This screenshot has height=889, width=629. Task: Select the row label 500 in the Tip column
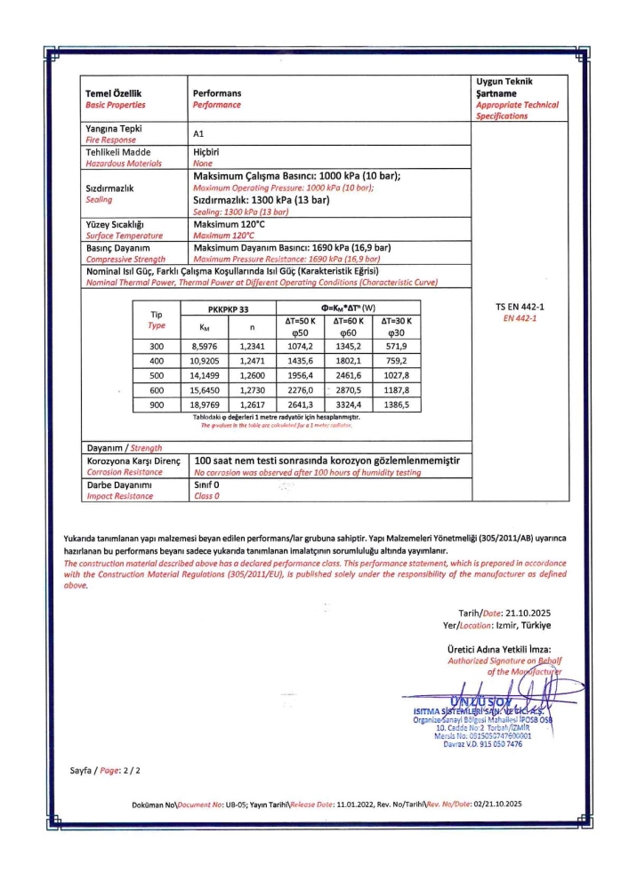coord(157,376)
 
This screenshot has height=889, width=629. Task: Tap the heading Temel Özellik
coord(113,93)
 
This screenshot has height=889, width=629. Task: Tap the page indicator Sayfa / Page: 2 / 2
coord(106,770)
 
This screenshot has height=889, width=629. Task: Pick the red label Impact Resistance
coord(119,496)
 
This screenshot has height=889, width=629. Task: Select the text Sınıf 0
coord(206,485)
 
